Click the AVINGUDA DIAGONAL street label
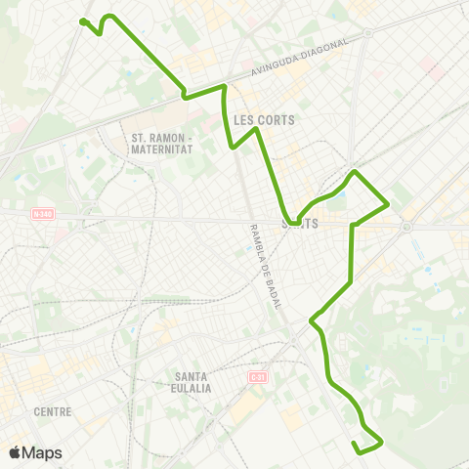(x=300, y=57)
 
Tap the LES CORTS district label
(x=265, y=120)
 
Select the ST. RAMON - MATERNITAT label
(x=162, y=144)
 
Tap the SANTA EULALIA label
(x=192, y=382)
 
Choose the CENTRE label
(x=53, y=411)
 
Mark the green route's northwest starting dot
(x=83, y=21)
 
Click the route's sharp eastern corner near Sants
(x=389, y=204)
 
